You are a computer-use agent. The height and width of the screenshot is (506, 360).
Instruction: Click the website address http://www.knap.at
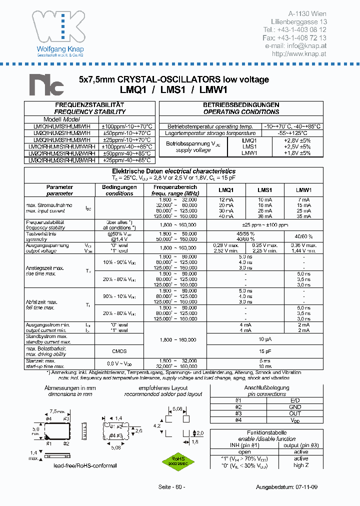(x=299, y=53)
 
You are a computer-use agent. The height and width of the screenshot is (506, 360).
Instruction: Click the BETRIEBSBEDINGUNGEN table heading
(x=240, y=104)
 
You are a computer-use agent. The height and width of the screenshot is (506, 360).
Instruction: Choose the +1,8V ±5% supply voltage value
(x=296, y=153)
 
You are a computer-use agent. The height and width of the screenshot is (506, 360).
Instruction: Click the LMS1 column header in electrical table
(x=264, y=190)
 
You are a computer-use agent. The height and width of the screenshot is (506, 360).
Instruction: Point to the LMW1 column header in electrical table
(x=303, y=190)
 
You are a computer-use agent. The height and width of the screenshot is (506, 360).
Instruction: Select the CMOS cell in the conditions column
(x=119, y=351)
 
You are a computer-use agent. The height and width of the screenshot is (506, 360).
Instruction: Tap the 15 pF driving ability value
(x=264, y=351)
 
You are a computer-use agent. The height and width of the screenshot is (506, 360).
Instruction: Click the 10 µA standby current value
(x=264, y=339)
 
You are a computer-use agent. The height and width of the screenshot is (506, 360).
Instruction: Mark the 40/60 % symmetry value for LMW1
(x=303, y=236)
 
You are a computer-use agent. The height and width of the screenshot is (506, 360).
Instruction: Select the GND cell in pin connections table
(x=295, y=407)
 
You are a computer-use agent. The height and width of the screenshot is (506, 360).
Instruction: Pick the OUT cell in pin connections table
(x=295, y=413)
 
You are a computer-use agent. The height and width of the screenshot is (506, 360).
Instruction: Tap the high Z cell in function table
(x=300, y=465)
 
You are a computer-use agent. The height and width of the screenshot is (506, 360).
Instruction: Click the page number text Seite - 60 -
(x=171, y=487)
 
